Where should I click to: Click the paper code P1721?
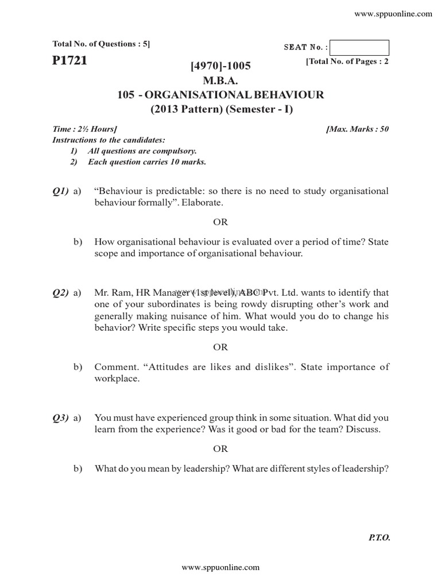pos(69,60)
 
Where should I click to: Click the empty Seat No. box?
pos(360,48)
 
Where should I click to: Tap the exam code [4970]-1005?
pos(220,67)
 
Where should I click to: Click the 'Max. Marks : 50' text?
pos(357,129)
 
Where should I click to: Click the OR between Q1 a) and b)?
pos(220,222)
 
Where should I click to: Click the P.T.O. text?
pos(378,538)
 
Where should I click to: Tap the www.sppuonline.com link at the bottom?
pos(220,567)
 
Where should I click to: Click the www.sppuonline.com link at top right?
pos(393,14)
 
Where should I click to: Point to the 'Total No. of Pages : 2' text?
pos(348,61)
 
